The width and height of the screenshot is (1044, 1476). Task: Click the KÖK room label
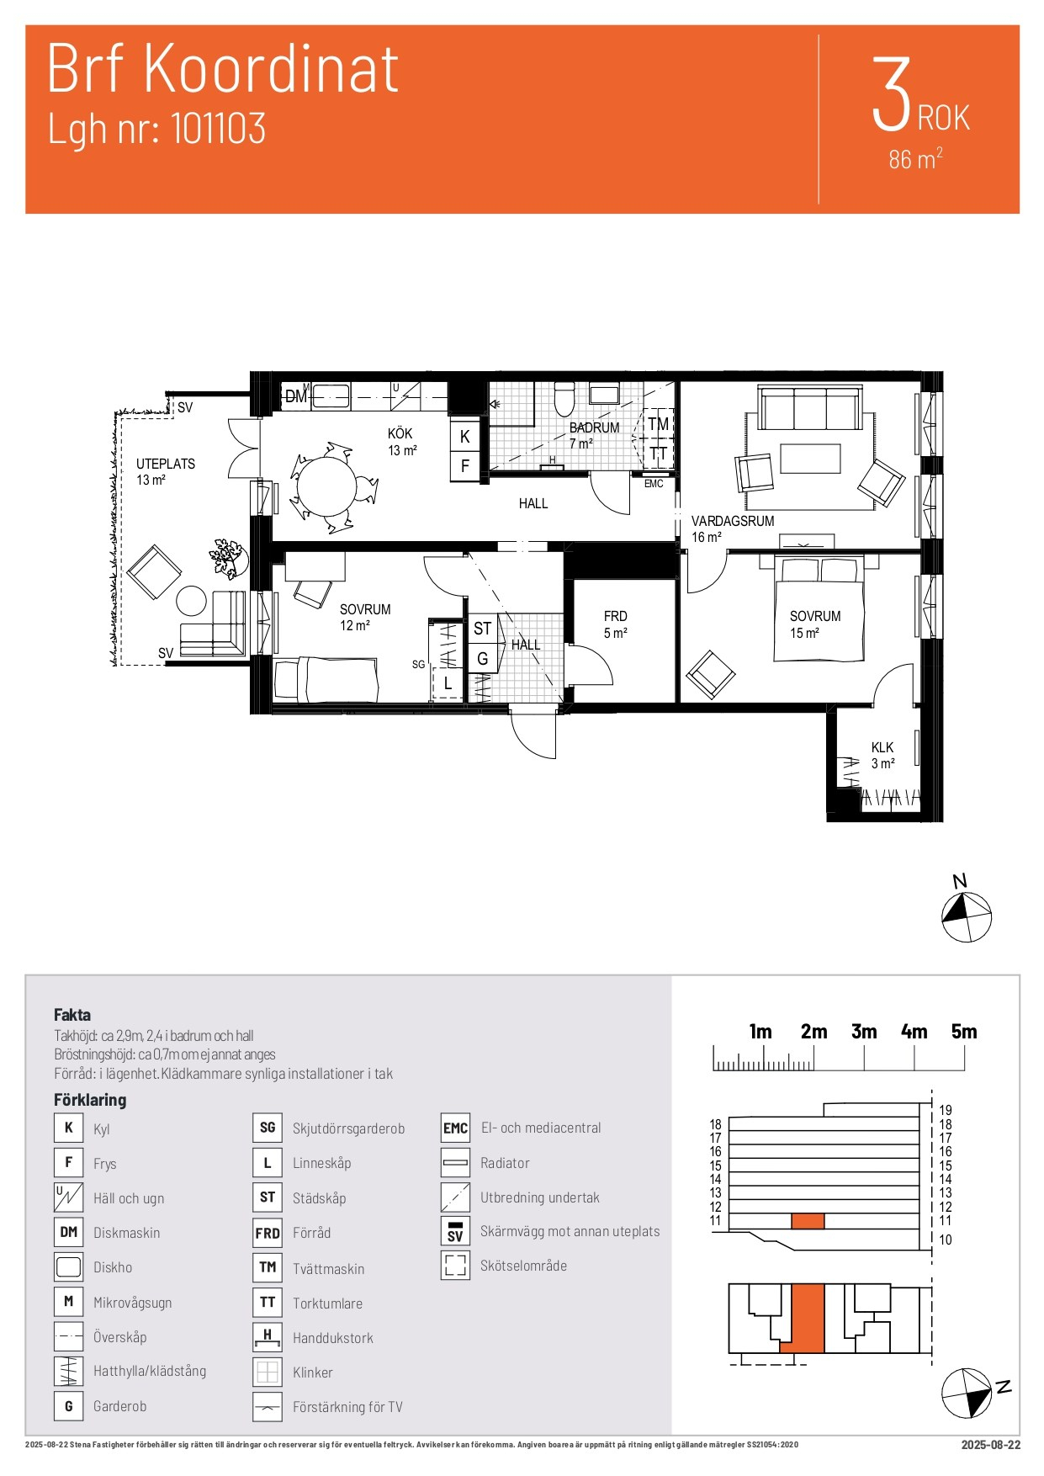(400, 433)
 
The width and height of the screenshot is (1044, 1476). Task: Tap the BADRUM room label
(594, 427)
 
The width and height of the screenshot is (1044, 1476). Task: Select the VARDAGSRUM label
(733, 521)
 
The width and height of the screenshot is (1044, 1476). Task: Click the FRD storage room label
(615, 616)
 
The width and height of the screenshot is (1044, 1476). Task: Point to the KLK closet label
(882, 747)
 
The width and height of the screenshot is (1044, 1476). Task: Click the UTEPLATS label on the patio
(166, 464)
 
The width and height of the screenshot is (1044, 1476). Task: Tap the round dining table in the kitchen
(327, 486)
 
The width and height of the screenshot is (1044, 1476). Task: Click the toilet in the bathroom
(564, 399)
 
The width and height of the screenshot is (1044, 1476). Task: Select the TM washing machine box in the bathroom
(658, 424)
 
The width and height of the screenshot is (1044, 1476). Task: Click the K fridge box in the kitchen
(464, 437)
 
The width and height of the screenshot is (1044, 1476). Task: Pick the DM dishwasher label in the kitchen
(295, 396)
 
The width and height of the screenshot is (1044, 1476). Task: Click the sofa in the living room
(810, 408)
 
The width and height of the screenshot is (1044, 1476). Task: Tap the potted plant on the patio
(226, 558)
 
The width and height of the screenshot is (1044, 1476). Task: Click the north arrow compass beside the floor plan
(966, 916)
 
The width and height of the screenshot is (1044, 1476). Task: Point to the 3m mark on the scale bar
(864, 1032)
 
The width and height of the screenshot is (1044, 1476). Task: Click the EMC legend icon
(455, 1128)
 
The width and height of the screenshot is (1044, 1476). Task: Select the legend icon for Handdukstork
(267, 1337)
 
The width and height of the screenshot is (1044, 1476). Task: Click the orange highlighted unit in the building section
(808, 1220)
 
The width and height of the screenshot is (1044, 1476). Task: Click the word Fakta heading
(72, 1015)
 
